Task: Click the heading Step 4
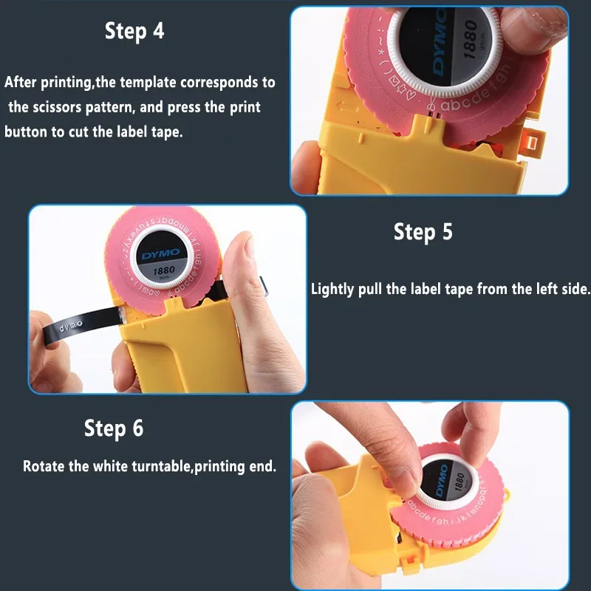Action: (x=134, y=31)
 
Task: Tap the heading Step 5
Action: (x=423, y=232)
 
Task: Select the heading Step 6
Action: (x=114, y=428)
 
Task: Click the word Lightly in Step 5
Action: (x=332, y=289)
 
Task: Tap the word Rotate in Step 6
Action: (x=43, y=466)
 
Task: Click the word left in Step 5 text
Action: (x=527, y=289)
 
